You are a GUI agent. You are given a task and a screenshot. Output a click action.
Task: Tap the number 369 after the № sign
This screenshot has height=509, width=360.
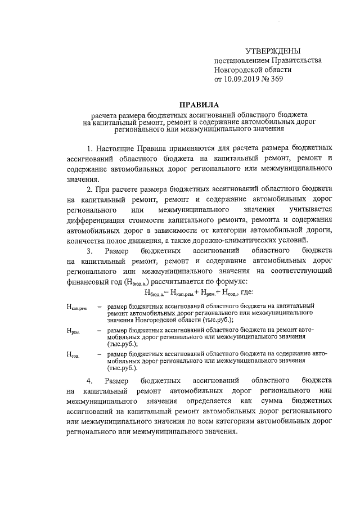coord(276,79)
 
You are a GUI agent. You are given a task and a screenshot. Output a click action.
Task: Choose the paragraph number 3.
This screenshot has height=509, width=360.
coord(89,250)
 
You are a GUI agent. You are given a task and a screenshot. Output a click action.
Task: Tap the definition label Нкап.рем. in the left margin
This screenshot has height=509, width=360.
coord(77,308)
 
